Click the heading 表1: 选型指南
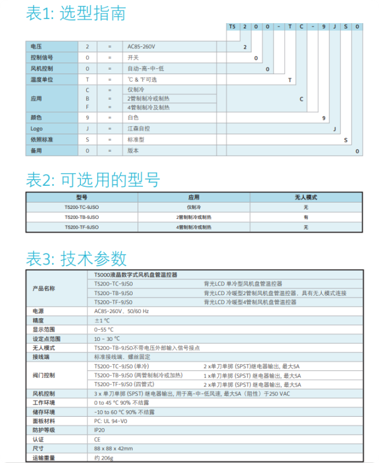pyautogui.click(x=76, y=13)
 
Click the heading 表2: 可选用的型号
pyautogui.click(x=93, y=179)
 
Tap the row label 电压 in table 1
pyautogui.click(x=36, y=46)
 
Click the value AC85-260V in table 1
pyautogui.click(x=142, y=46)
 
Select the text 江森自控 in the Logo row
pyautogui.click(x=138, y=128)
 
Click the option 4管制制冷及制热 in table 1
pyautogui.click(x=149, y=107)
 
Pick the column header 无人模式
pyautogui.click(x=306, y=197)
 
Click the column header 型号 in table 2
pyautogui.click(x=82, y=197)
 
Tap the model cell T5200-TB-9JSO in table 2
pyautogui.click(x=82, y=217)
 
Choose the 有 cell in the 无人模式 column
pyautogui.click(x=306, y=217)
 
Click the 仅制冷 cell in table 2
pyautogui.click(x=193, y=207)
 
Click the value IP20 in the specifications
pyautogui.click(x=100, y=430)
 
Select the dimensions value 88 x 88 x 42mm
pyautogui.click(x=113, y=449)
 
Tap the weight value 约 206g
pyautogui.click(x=104, y=458)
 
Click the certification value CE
pyautogui.click(x=97, y=439)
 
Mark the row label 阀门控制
pyautogui.click(x=44, y=375)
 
